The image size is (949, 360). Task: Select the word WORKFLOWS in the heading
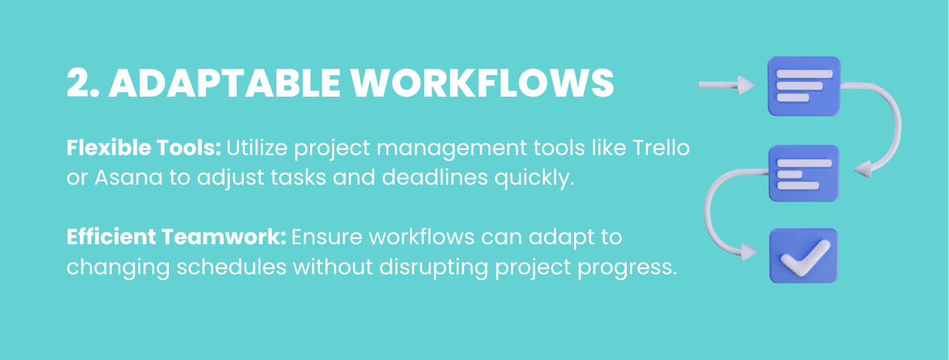tap(483, 83)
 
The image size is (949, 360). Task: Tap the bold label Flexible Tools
tap(144, 148)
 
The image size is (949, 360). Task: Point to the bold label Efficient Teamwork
tap(176, 237)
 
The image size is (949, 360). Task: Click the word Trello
tap(661, 148)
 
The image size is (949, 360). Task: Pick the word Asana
tap(128, 178)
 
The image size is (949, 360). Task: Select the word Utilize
tap(256, 148)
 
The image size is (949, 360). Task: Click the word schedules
tap(231, 267)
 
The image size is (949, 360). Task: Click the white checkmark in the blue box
tap(804, 256)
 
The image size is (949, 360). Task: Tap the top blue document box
tap(804, 86)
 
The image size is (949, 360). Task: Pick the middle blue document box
tap(804, 173)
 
